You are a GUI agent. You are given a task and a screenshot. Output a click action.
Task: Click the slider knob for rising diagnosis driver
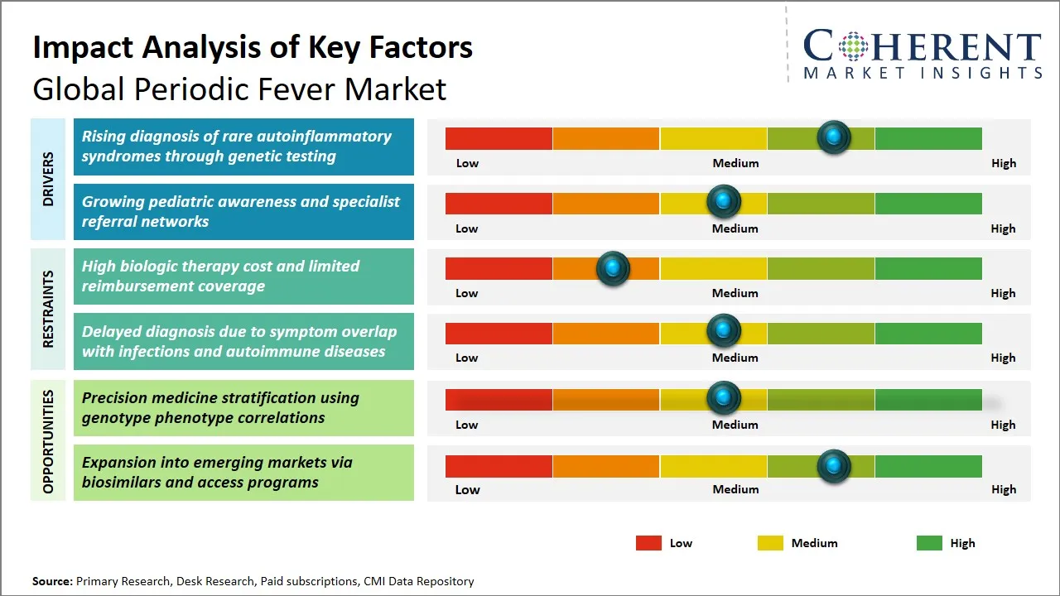(833, 137)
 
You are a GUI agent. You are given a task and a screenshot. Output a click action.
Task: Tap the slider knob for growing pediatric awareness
(724, 201)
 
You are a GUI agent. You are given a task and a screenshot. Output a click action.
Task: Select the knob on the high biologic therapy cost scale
(613, 268)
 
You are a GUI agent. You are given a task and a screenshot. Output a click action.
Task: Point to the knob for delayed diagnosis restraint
(724, 331)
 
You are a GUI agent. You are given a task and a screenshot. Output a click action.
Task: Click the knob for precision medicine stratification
(724, 398)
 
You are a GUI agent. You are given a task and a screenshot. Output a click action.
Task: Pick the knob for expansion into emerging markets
(833, 466)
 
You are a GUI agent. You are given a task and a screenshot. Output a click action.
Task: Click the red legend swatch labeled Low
(648, 543)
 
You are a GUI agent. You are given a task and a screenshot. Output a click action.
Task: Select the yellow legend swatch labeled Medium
(770, 543)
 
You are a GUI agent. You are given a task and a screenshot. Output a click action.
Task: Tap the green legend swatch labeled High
(929, 543)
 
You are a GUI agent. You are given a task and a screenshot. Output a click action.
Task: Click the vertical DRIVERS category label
(48, 179)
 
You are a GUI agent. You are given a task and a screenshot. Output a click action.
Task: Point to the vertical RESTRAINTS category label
(48, 309)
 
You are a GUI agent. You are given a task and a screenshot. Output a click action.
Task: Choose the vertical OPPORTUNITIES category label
(48, 441)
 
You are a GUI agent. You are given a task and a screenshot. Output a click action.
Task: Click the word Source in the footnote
(52, 581)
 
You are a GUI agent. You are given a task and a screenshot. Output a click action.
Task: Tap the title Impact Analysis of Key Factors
(253, 47)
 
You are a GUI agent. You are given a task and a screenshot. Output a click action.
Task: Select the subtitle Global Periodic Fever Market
(239, 89)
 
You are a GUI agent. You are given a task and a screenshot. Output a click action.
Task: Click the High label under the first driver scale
(1003, 163)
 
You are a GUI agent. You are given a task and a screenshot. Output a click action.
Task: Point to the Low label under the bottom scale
(467, 489)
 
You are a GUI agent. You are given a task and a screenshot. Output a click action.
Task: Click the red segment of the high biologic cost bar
(499, 268)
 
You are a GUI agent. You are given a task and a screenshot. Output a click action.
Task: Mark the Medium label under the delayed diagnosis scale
(735, 358)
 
